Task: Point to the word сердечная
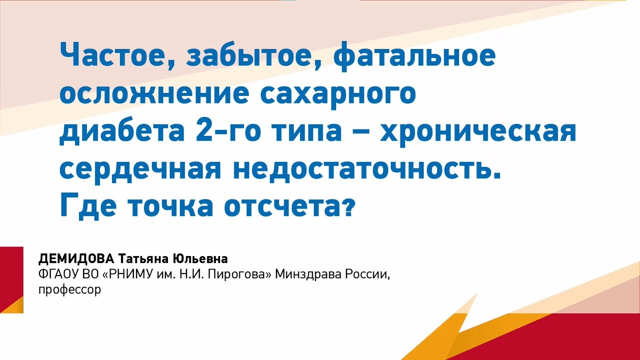(140, 169)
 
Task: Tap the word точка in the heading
(169, 206)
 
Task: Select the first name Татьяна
(142, 259)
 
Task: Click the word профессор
(69, 289)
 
